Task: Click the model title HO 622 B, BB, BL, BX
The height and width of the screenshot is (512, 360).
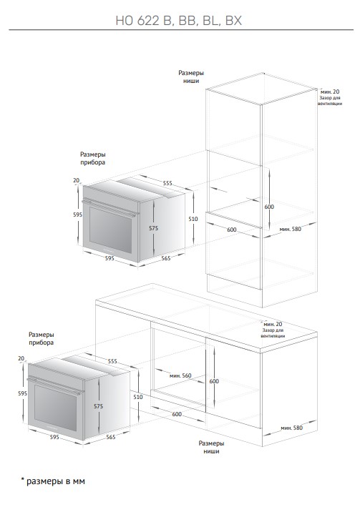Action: [x=179, y=21]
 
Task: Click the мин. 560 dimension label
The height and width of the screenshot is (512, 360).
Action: [x=180, y=375]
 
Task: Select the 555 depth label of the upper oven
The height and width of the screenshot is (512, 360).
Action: [x=167, y=183]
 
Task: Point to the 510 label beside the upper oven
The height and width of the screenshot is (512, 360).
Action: [x=193, y=219]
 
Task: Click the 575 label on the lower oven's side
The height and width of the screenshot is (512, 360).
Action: [x=98, y=406]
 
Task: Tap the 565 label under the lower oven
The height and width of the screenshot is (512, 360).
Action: [x=111, y=437]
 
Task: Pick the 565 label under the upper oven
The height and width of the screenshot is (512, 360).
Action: [x=166, y=258]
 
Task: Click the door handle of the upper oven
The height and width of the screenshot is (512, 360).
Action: [x=110, y=208]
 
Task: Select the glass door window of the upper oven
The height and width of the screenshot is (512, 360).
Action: [x=110, y=230]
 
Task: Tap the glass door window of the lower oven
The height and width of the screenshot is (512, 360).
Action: [x=55, y=408]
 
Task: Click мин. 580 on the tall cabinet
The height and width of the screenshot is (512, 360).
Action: [x=291, y=229]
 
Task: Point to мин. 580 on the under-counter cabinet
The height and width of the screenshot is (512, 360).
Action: [x=292, y=428]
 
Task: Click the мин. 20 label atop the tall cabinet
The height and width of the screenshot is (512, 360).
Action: [x=330, y=92]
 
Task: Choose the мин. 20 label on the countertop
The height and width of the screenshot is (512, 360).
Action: [x=273, y=324]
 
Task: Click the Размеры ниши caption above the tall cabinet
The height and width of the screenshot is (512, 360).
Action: [x=191, y=77]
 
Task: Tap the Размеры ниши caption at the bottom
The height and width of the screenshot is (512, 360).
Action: [x=211, y=447]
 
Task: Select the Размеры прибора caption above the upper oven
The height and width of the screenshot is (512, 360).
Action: [x=93, y=158]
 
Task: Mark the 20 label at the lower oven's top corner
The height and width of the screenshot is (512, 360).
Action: [x=21, y=358]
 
